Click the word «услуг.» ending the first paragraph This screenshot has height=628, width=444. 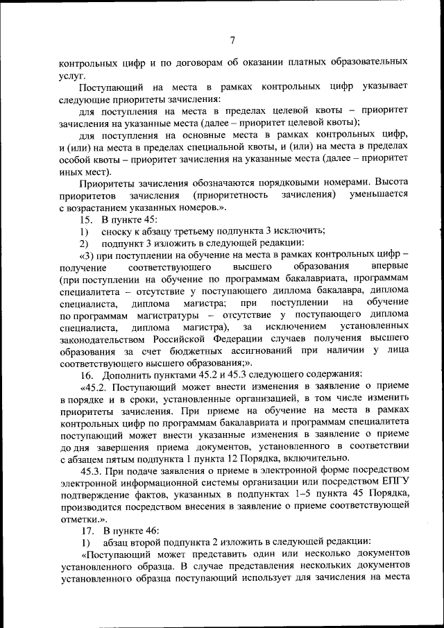coord(72,74)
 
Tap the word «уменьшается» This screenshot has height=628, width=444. coord(379,194)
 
